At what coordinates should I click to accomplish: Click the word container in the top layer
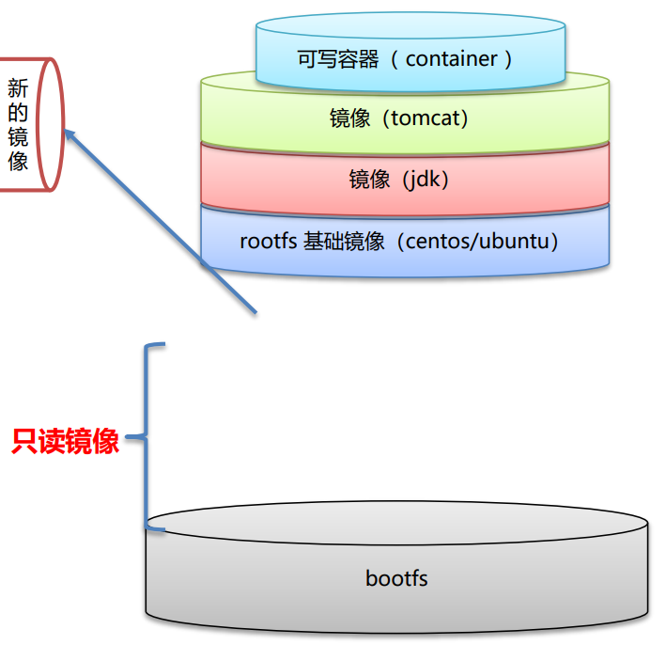[451, 59]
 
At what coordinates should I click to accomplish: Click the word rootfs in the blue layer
[268, 241]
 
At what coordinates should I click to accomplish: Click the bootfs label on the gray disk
[396, 577]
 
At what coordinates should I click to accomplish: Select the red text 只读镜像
[66, 442]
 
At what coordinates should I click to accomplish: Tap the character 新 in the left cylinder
[18, 89]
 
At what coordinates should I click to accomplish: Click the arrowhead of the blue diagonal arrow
[70, 134]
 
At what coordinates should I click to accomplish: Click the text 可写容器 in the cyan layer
[338, 59]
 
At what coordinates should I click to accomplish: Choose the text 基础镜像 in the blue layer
[344, 241]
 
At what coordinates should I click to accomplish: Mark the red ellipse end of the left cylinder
[49, 124]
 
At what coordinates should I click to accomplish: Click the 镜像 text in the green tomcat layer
[349, 119]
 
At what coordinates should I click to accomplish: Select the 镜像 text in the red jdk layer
[369, 180]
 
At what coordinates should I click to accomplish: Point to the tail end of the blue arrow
[254, 313]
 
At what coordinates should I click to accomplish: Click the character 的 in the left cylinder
[18, 114]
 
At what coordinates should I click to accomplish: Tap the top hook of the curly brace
[157, 346]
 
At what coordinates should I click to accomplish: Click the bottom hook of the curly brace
[157, 528]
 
